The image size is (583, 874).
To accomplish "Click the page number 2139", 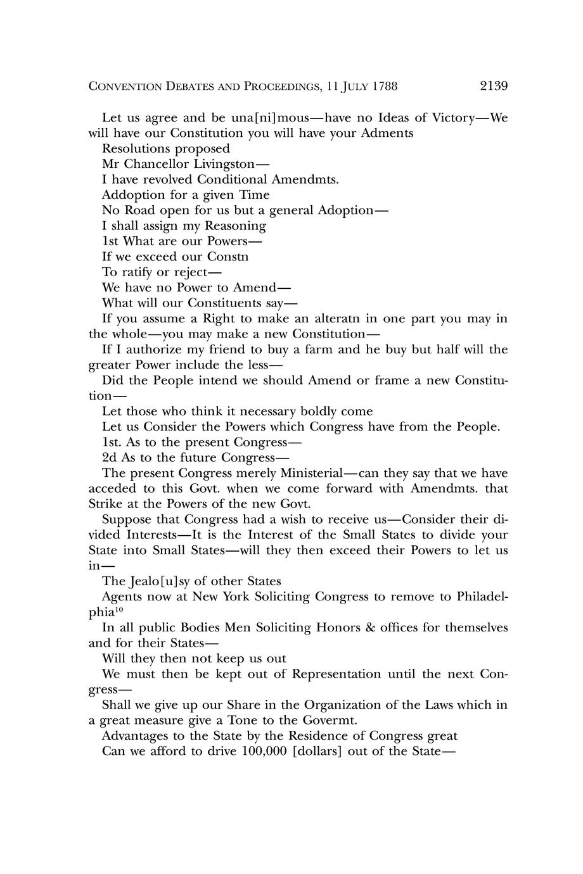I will (x=494, y=86).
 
